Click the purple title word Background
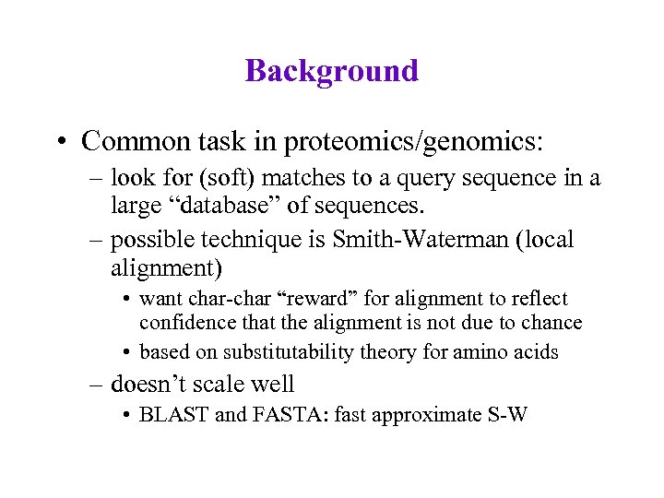coord(332,71)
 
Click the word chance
coord(553,323)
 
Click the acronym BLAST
coord(172,415)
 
